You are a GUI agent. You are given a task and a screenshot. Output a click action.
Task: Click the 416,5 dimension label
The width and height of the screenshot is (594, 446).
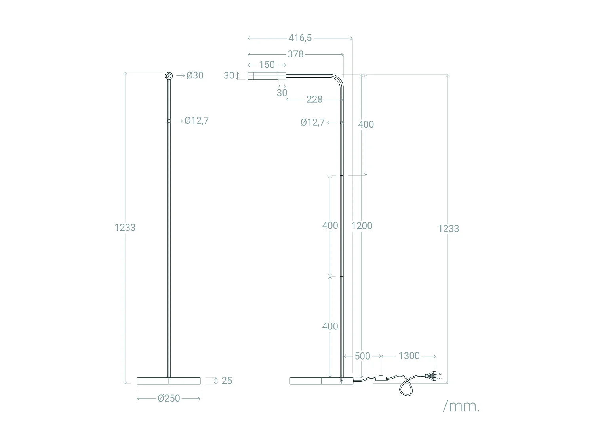pyautogui.click(x=300, y=38)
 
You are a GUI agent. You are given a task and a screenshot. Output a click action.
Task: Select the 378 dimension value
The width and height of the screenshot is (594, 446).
pyautogui.click(x=295, y=54)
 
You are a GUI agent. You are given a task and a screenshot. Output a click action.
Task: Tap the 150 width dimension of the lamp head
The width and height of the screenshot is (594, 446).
pyautogui.click(x=267, y=65)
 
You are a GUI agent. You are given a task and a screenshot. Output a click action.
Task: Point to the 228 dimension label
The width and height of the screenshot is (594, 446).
pyautogui.click(x=314, y=100)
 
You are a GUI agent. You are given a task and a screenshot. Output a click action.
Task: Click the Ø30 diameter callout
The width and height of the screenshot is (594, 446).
pyautogui.click(x=195, y=75)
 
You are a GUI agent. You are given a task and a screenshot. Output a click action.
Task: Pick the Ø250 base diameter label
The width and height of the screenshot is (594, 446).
pyautogui.click(x=169, y=398)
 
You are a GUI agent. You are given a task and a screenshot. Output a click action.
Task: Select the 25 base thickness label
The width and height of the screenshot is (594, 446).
pyautogui.click(x=227, y=381)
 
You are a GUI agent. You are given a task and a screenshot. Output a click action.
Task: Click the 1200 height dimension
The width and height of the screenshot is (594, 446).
pyautogui.click(x=362, y=226)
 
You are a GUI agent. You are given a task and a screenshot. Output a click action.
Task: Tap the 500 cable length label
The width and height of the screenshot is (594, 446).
pyautogui.click(x=362, y=356)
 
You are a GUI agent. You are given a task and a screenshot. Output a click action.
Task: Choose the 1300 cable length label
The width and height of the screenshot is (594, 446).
pyautogui.click(x=409, y=356)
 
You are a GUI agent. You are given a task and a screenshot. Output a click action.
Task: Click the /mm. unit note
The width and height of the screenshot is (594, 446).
pyautogui.click(x=461, y=406)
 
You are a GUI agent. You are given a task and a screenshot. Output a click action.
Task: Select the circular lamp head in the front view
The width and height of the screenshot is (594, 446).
pyautogui.click(x=169, y=76)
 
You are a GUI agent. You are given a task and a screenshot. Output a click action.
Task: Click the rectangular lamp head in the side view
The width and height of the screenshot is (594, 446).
pyautogui.click(x=267, y=76)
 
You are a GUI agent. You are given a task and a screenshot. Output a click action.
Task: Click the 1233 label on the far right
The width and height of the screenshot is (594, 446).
pyautogui.click(x=448, y=229)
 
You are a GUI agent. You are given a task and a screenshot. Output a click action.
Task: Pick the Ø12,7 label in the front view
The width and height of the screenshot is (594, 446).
pyautogui.click(x=196, y=121)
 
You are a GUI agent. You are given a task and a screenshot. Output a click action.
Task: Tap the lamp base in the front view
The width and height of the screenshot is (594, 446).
pyautogui.click(x=169, y=381)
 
